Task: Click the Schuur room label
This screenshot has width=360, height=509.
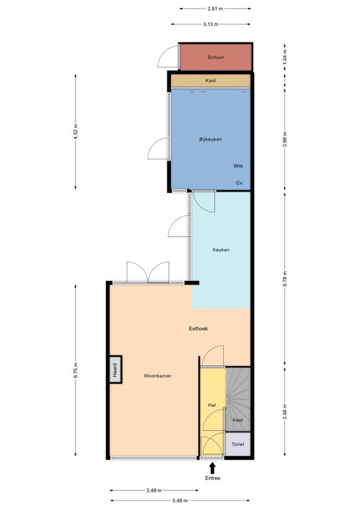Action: [215, 57]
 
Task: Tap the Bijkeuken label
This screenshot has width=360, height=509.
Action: [211, 139]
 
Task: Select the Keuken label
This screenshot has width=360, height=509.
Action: [221, 250]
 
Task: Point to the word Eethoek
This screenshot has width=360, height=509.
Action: [198, 329]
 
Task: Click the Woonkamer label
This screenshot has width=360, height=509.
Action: [157, 376]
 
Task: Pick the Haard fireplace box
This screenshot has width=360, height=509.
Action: [115, 369]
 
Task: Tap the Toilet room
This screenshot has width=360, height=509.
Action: [238, 444]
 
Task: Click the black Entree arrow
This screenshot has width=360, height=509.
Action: [212, 468]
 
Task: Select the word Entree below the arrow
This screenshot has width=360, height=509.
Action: [213, 478]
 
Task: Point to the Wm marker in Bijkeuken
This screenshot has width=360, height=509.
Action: [238, 166]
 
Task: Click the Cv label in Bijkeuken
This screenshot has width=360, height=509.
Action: [239, 183]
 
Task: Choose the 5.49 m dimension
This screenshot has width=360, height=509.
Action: [180, 500]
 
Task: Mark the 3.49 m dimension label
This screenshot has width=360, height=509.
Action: [154, 490]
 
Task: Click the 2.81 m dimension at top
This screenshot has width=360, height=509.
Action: [215, 9]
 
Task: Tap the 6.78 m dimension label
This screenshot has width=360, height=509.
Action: [284, 278]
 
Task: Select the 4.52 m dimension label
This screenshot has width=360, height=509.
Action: [76, 131]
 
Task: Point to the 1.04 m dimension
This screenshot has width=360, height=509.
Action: [284, 57]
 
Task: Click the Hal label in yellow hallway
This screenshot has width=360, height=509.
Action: [212, 405]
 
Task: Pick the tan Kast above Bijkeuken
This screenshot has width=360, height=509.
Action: [211, 80]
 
